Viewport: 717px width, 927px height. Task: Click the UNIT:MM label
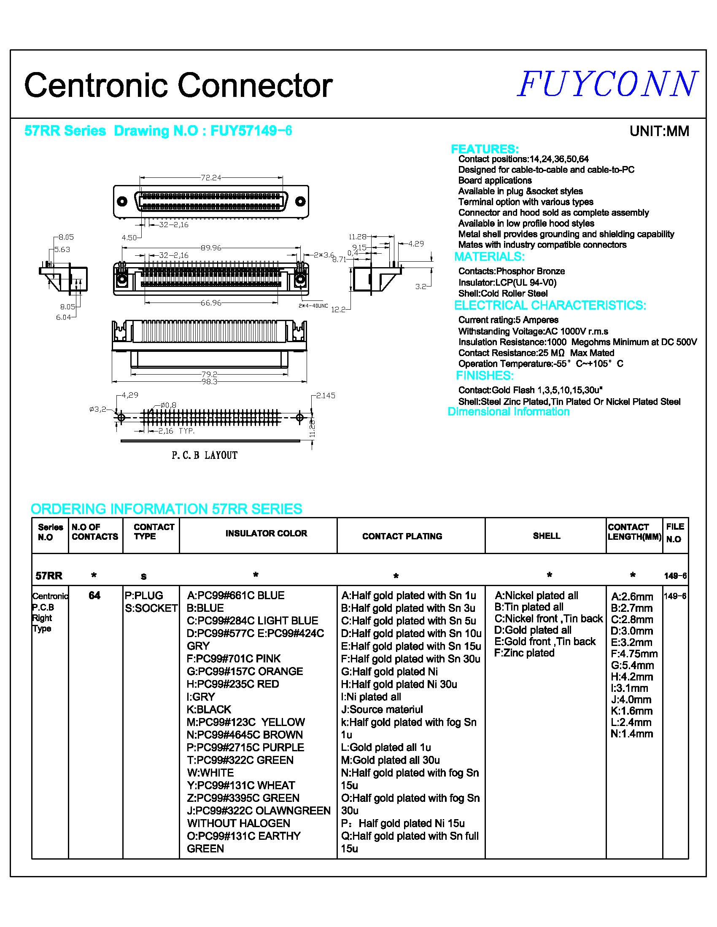point(659,131)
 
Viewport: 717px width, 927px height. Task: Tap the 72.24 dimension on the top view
point(211,178)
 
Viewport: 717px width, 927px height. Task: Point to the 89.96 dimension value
point(211,248)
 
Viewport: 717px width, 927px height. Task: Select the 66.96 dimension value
point(211,303)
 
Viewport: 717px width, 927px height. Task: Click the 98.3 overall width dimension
point(210,382)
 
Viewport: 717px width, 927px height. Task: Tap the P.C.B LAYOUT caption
point(204,455)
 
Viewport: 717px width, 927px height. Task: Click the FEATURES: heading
point(485,149)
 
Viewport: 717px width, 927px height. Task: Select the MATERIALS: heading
point(489,257)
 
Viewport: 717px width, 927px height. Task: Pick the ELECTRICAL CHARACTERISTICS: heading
point(550,305)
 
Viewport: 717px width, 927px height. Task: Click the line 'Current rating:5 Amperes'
point(508,320)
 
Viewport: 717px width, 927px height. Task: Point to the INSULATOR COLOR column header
point(266,533)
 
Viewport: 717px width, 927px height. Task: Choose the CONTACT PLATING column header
point(402,536)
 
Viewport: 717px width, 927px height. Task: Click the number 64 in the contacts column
point(94,595)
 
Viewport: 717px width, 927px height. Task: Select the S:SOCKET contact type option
point(151,608)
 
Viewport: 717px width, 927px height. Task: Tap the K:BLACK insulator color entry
point(209,710)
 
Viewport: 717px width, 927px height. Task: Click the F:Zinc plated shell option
point(524,653)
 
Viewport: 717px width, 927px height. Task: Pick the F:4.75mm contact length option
point(634,654)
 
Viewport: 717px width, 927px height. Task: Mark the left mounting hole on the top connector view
point(122,201)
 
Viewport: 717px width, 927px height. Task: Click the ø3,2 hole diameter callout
point(98,410)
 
